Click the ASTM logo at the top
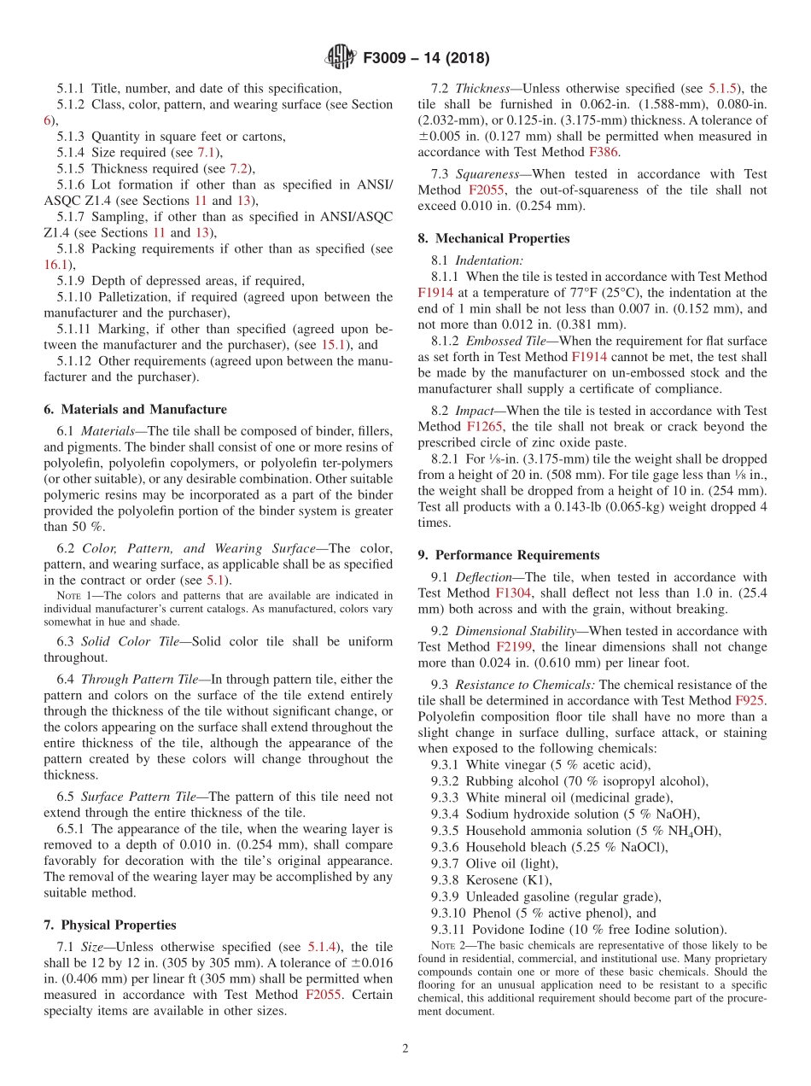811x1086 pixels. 340,58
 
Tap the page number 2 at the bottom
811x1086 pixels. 405,1049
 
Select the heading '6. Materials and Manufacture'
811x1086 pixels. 135,409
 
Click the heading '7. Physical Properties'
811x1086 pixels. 110,925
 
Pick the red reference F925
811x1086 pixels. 750,700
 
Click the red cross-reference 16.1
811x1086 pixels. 55,265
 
